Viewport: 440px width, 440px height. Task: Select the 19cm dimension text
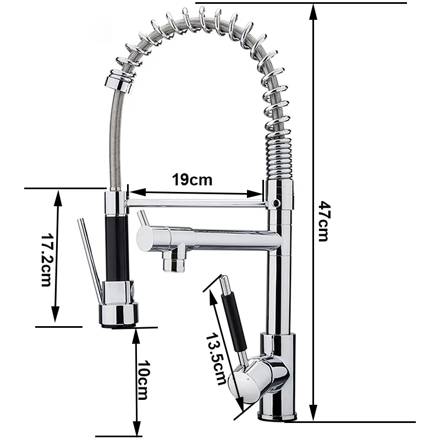coord(192,180)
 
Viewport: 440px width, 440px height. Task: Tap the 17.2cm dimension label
coord(46,260)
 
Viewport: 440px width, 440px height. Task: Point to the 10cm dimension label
coord(142,380)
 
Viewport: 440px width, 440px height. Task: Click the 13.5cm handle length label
coord(216,359)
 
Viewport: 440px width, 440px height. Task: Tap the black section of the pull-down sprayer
coord(117,248)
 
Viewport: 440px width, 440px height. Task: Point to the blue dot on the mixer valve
coord(248,380)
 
